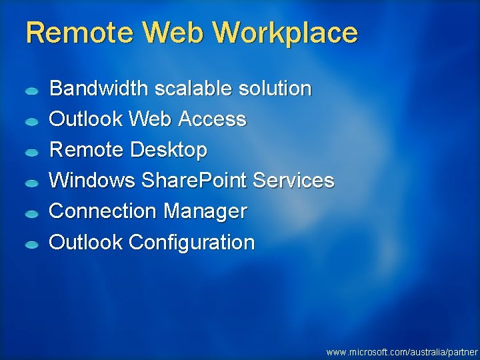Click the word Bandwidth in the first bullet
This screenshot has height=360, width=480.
[99, 88]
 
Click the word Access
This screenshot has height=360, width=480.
[215, 119]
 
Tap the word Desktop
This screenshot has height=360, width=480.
[169, 150]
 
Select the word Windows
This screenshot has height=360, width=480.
[92, 181]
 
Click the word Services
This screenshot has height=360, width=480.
[294, 181]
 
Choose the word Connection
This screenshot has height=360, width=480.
[103, 211]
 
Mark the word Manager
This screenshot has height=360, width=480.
[205, 211]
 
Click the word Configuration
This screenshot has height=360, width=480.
[191, 242]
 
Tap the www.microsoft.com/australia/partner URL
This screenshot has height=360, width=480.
[402, 351]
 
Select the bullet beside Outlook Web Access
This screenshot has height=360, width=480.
[32, 122]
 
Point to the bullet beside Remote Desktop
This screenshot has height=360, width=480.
[32, 153]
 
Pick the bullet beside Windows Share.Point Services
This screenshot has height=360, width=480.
[32, 183]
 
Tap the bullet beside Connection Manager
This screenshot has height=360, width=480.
[32, 214]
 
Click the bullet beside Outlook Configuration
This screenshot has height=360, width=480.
[32, 245]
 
